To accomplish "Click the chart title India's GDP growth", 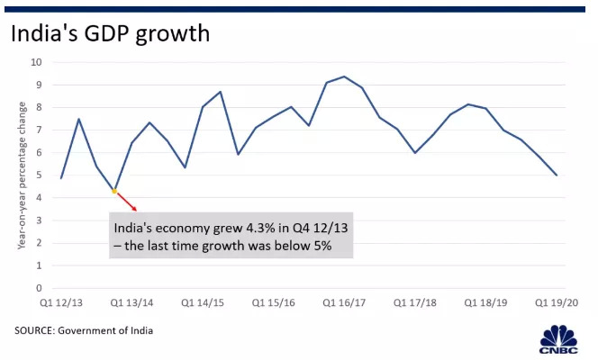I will pos(110,34).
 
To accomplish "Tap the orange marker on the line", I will pos(114,191).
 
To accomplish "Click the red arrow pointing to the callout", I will pos(126,202).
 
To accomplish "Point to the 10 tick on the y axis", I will pos(36,62).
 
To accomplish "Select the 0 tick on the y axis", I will pos(39,288).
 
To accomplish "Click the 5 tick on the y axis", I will pos(39,175).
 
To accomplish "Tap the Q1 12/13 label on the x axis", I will pos(60,304).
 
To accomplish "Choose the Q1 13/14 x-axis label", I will pos(131,304).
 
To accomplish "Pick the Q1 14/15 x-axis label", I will pos(203,304).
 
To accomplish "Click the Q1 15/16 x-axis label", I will pos(273,304).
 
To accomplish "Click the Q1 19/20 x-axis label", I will pos(557,304).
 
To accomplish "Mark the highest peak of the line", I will pos(344,76).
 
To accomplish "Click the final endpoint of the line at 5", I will pos(557,175).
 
